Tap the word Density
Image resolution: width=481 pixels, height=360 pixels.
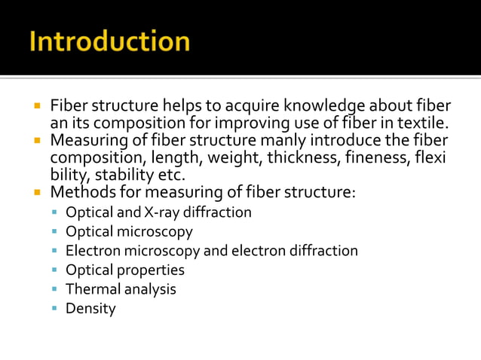(90, 309)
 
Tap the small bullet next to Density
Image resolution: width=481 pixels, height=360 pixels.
(55, 308)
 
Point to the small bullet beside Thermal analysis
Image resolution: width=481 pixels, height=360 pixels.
(55, 288)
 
